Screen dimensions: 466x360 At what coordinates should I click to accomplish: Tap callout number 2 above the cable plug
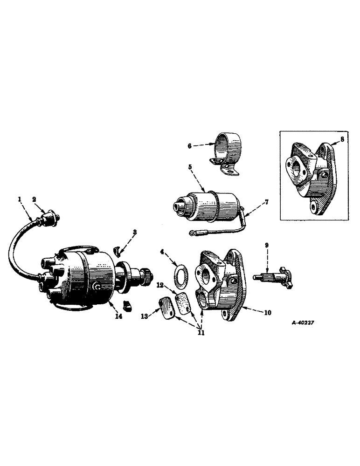point(34,199)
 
